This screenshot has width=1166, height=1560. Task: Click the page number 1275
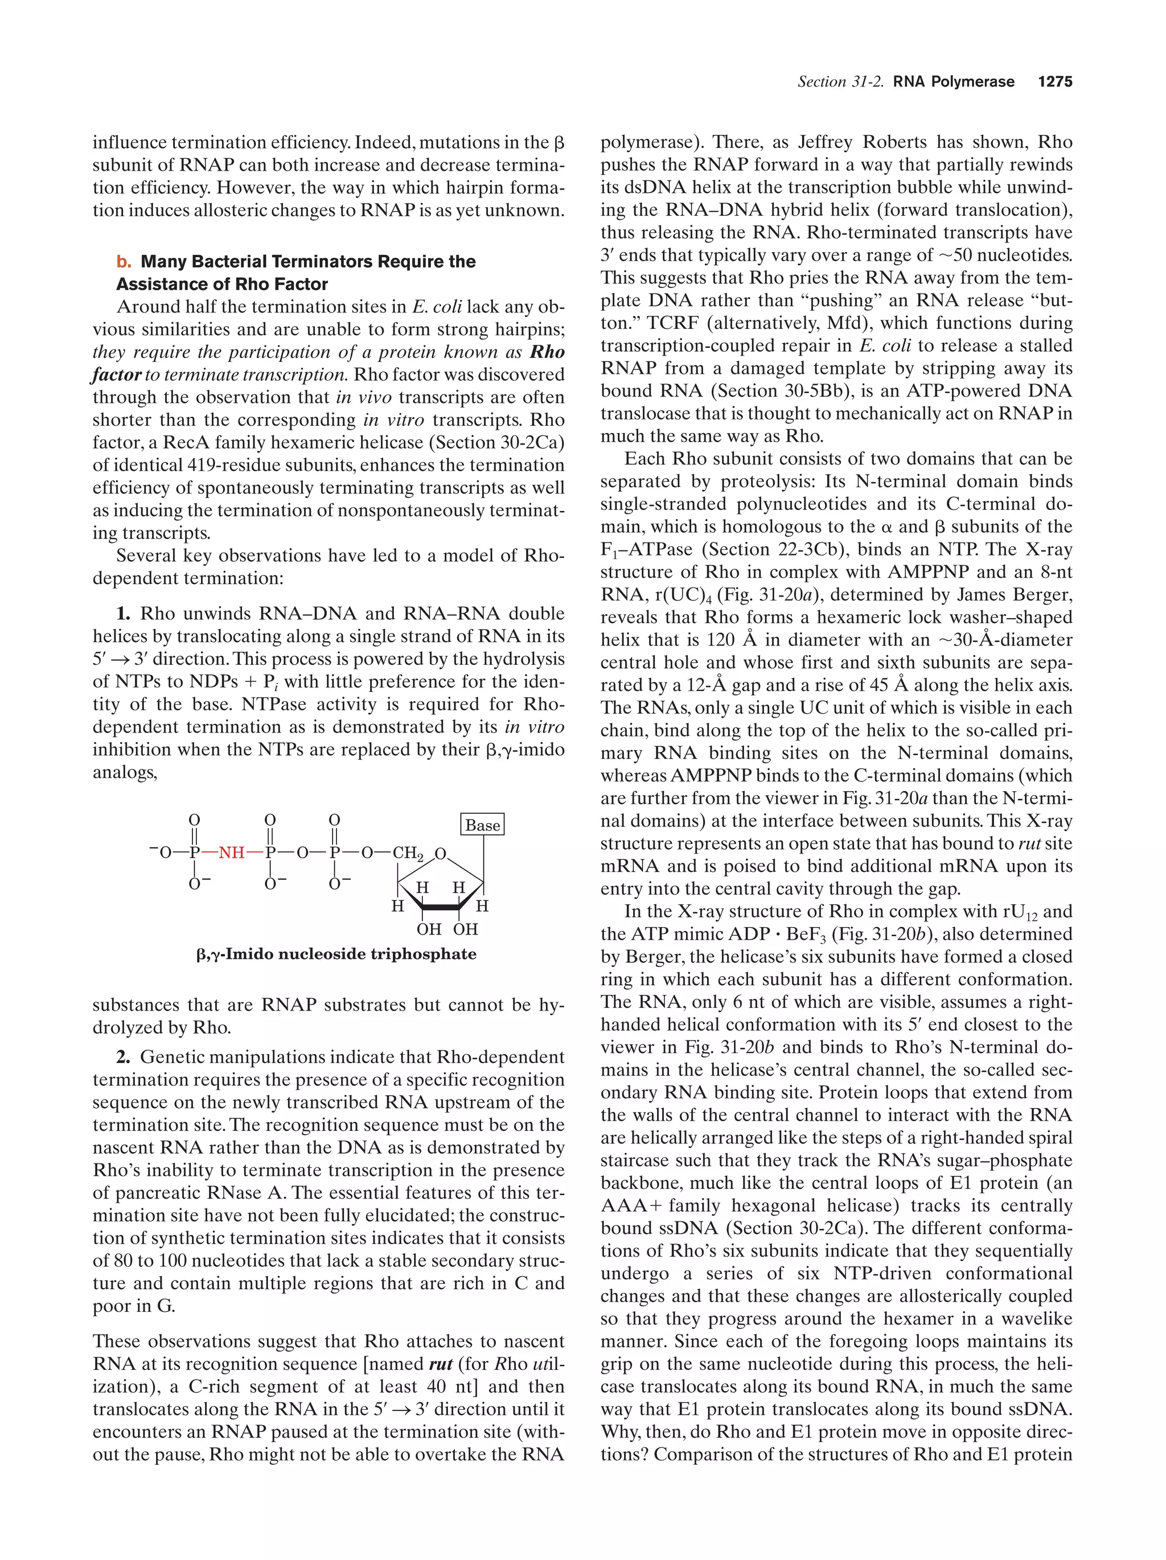click(x=1054, y=82)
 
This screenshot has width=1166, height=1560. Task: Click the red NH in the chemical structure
click(x=231, y=852)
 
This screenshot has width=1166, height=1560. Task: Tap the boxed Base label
click(x=482, y=825)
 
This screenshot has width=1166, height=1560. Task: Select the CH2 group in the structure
click(x=408, y=853)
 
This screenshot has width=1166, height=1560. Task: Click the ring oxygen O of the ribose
click(x=440, y=854)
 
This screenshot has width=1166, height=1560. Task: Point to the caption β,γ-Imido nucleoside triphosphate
click(x=336, y=954)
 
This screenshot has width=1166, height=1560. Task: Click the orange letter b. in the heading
click(x=124, y=262)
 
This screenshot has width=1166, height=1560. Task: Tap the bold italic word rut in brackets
click(x=440, y=1364)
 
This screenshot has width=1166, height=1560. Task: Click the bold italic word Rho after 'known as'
click(x=547, y=352)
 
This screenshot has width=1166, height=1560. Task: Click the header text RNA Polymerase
click(x=953, y=82)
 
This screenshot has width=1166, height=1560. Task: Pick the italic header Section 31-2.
click(x=840, y=82)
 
